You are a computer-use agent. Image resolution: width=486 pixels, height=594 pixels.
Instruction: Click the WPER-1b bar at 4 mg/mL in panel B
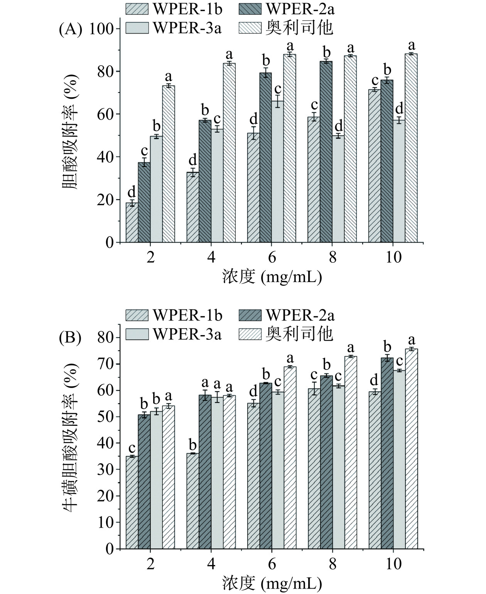[193, 501]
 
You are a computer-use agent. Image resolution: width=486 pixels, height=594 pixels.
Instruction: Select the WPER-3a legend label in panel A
[187, 28]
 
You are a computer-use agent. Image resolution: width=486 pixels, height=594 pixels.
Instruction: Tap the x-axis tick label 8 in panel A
[332, 257]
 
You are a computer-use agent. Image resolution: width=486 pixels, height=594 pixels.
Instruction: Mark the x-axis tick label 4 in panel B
[211, 564]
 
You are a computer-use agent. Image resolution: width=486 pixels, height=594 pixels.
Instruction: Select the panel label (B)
[70, 338]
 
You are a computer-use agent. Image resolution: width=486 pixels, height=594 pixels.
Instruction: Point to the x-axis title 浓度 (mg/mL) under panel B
[272, 584]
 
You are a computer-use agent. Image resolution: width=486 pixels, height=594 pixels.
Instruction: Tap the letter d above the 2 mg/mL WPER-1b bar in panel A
[132, 191]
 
